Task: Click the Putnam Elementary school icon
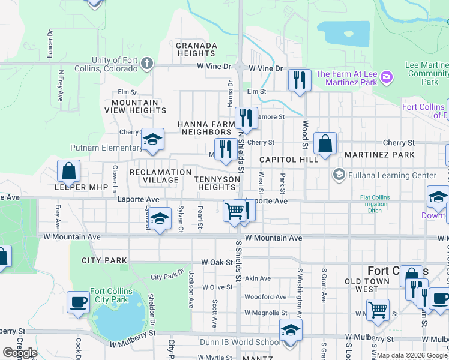pyautogui.click(x=153, y=140)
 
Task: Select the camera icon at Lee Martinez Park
pyautogui.click(x=386, y=77)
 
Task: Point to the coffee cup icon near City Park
pyautogui.click(x=78, y=302)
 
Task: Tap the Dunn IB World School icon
pyautogui.click(x=291, y=330)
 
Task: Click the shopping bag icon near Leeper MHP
pyautogui.click(x=69, y=171)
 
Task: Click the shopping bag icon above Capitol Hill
pyautogui.click(x=325, y=143)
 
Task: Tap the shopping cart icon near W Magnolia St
pyautogui.click(x=378, y=310)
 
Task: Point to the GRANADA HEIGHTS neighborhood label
pyautogui.click(x=196, y=49)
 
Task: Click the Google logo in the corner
pyautogui.click(x=20, y=352)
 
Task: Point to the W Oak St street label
pyautogui.click(x=216, y=262)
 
